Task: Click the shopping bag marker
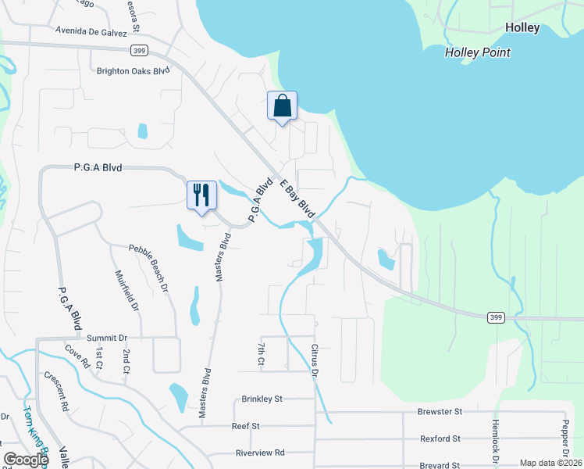282,106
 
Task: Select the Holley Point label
477,52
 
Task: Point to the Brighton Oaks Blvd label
133,70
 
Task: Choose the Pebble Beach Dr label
148,268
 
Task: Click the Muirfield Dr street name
126,291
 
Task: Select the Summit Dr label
106,338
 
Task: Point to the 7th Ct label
262,353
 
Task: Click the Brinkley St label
262,398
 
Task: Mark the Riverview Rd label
260,453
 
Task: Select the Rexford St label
440,439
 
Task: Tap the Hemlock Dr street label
494,442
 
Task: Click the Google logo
26,460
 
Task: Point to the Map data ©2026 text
550,463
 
